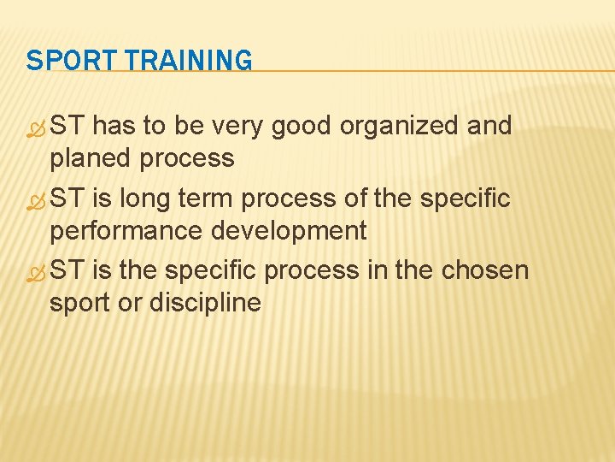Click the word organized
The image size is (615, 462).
click(x=400, y=127)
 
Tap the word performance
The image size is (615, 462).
click(x=121, y=231)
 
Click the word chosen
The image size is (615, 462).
click(x=485, y=270)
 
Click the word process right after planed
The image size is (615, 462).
click(x=189, y=158)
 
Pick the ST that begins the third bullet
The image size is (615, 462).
click(x=68, y=270)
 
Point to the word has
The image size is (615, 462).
click(x=114, y=127)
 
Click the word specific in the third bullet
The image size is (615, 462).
click(x=211, y=270)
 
